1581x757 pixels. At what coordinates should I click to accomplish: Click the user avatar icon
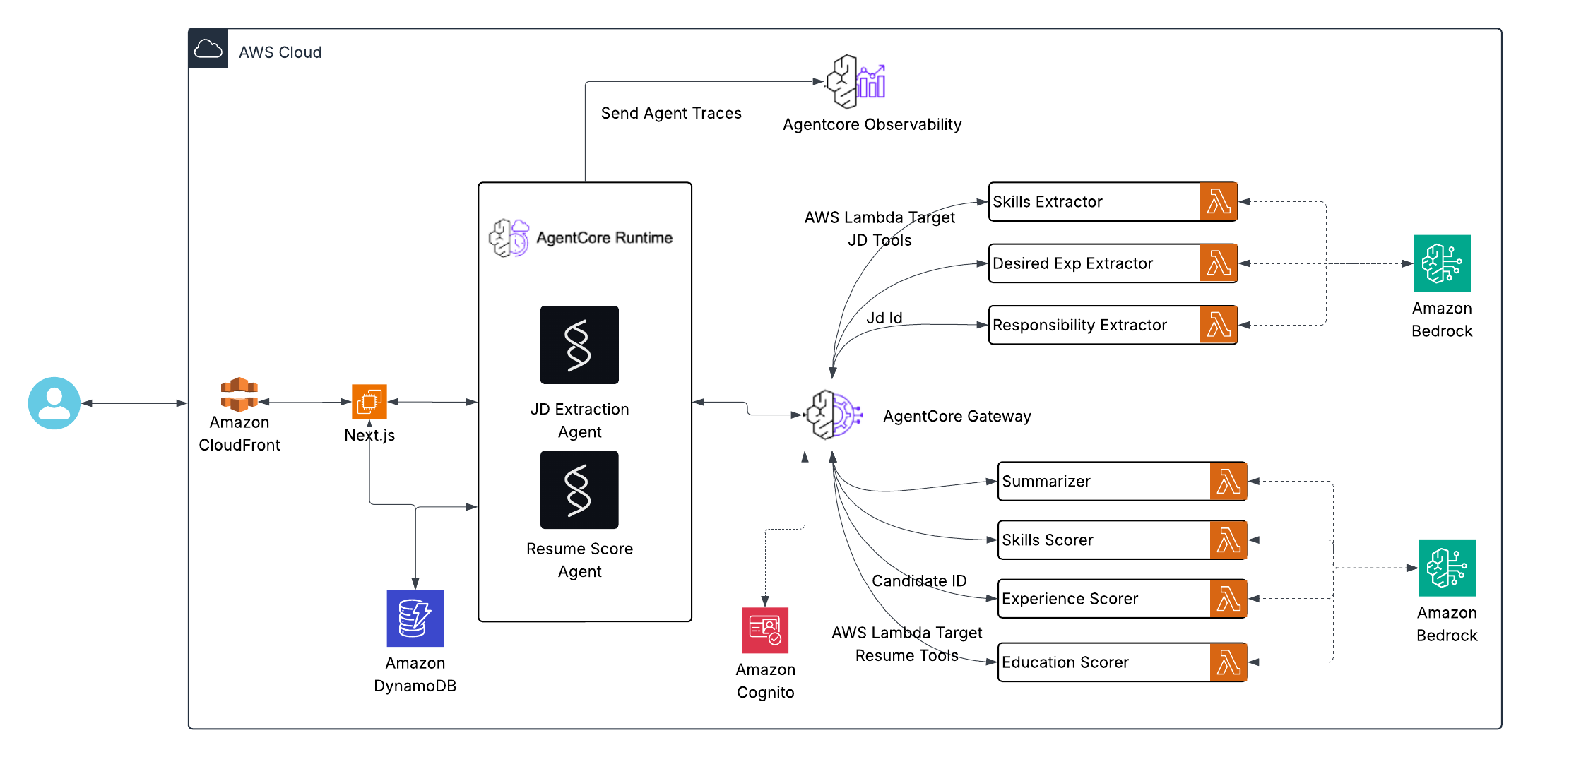tap(54, 403)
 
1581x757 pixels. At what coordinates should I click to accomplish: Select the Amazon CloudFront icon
tap(239, 395)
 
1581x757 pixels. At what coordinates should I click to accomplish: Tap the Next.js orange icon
tap(369, 402)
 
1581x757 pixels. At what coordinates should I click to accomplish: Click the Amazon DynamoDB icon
tap(415, 618)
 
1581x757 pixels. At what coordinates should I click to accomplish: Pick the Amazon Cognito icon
tap(765, 630)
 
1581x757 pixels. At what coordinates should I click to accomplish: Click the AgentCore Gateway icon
tap(834, 415)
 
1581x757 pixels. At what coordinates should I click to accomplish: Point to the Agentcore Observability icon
tap(855, 82)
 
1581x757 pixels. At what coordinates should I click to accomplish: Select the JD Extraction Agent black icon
tap(579, 345)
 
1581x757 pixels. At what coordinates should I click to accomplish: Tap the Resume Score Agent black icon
tap(579, 490)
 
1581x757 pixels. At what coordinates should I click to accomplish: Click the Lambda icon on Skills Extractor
tap(1219, 202)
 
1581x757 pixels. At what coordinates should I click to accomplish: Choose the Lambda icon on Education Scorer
tap(1228, 662)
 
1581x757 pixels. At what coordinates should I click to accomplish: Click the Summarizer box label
tap(1046, 482)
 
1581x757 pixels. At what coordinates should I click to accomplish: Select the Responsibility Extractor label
tap(1079, 326)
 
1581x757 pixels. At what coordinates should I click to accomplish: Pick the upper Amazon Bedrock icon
tap(1442, 263)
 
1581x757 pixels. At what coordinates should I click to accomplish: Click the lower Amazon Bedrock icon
tap(1447, 568)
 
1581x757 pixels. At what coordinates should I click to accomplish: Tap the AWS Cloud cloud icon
tap(208, 49)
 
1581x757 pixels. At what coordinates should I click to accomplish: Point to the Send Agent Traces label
tap(671, 114)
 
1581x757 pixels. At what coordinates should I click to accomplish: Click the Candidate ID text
tap(919, 581)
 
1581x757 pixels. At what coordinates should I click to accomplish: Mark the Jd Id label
tap(884, 318)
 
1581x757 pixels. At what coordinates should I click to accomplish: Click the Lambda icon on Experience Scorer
tap(1228, 599)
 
